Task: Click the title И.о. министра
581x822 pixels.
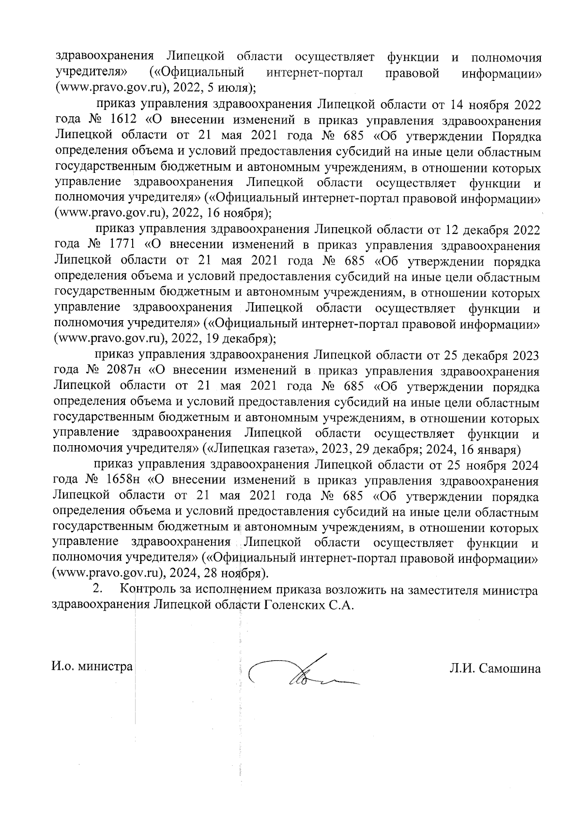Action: [x=92, y=667]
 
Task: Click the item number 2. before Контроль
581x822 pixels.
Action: [x=98, y=590]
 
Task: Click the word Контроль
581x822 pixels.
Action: [x=145, y=590]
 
